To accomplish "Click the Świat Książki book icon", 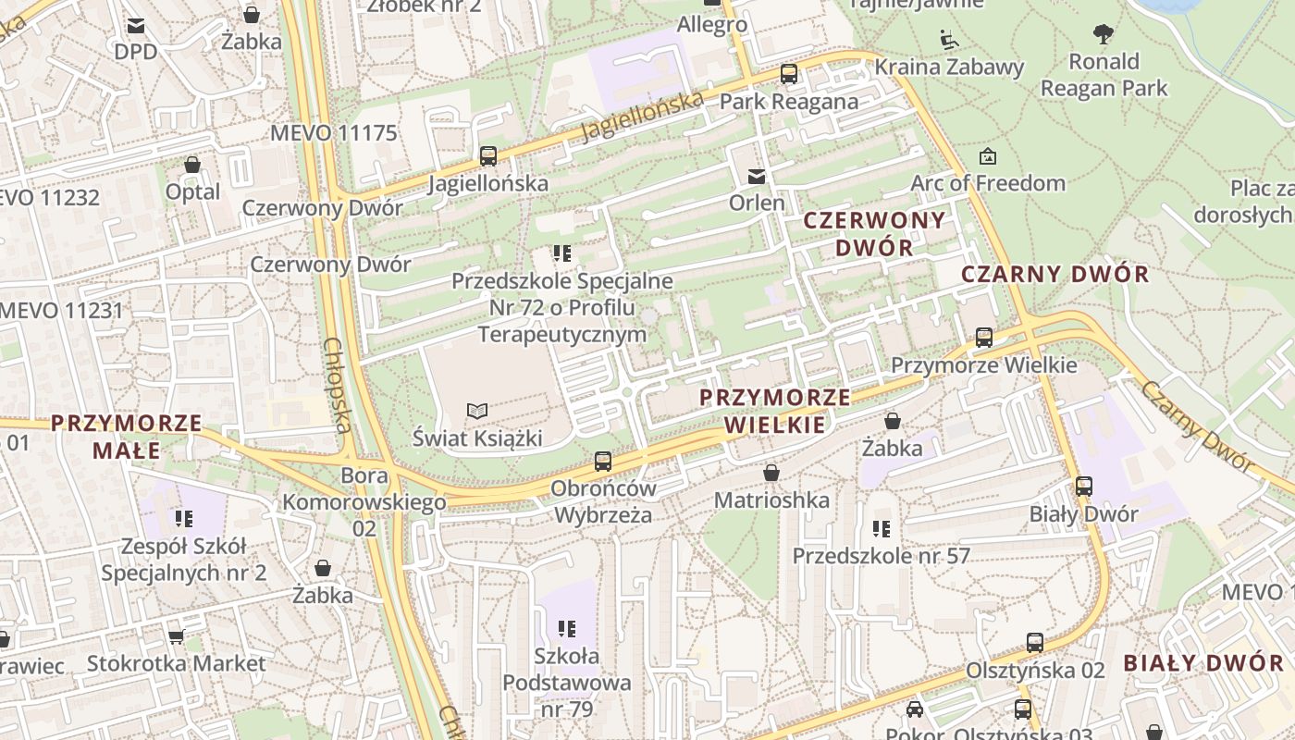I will pyautogui.click(x=476, y=411).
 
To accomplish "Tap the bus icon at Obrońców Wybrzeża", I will pyautogui.click(x=603, y=461).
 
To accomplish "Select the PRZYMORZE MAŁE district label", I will pyautogui.click(x=126, y=437).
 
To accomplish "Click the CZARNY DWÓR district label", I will pyautogui.click(x=1054, y=274).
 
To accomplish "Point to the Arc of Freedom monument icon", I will pyautogui.click(x=988, y=156).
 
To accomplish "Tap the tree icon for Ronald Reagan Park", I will pyautogui.click(x=1103, y=35).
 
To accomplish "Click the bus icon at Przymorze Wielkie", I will pyautogui.click(x=984, y=338).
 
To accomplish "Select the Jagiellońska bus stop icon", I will pyautogui.click(x=487, y=156).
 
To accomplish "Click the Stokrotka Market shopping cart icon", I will pyautogui.click(x=176, y=636).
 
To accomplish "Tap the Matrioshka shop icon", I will pyautogui.click(x=771, y=474).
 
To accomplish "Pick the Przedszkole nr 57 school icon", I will pyautogui.click(x=881, y=529).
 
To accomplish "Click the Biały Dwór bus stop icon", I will pyautogui.click(x=1084, y=487).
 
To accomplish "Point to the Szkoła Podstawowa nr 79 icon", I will pyautogui.click(x=567, y=630).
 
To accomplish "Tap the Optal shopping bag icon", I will pyautogui.click(x=192, y=166).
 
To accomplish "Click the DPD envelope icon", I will pyautogui.click(x=136, y=26).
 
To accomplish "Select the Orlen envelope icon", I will pyautogui.click(x=757, y=176).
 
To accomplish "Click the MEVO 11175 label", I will pyautogui.click(x=333, y=132).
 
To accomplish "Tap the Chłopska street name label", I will pyautogui.click(x=338, y=384).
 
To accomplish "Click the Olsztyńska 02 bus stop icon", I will pyautogui.click(x=1035, y=643).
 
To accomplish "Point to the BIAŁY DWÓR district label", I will pyautogui.click(x=1203, y=662).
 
